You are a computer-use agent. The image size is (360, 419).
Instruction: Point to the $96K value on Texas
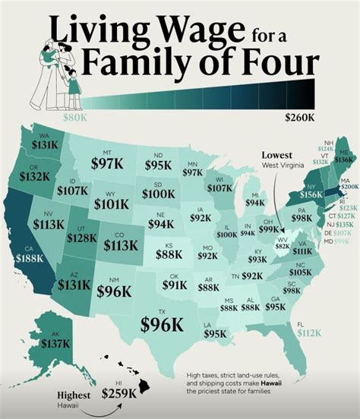(x=160, y=323)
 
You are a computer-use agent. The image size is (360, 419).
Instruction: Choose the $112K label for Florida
(x=310, y=331)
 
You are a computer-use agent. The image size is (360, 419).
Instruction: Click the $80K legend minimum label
(x=74, y=118)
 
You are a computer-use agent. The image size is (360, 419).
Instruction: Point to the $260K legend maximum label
(x=301, y=118)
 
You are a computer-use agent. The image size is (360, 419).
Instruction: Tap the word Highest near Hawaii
(x=74, y=395)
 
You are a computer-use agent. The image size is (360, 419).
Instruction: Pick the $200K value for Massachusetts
(x=349, y=186)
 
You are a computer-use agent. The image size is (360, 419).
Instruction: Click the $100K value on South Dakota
(x=158, y=194)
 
